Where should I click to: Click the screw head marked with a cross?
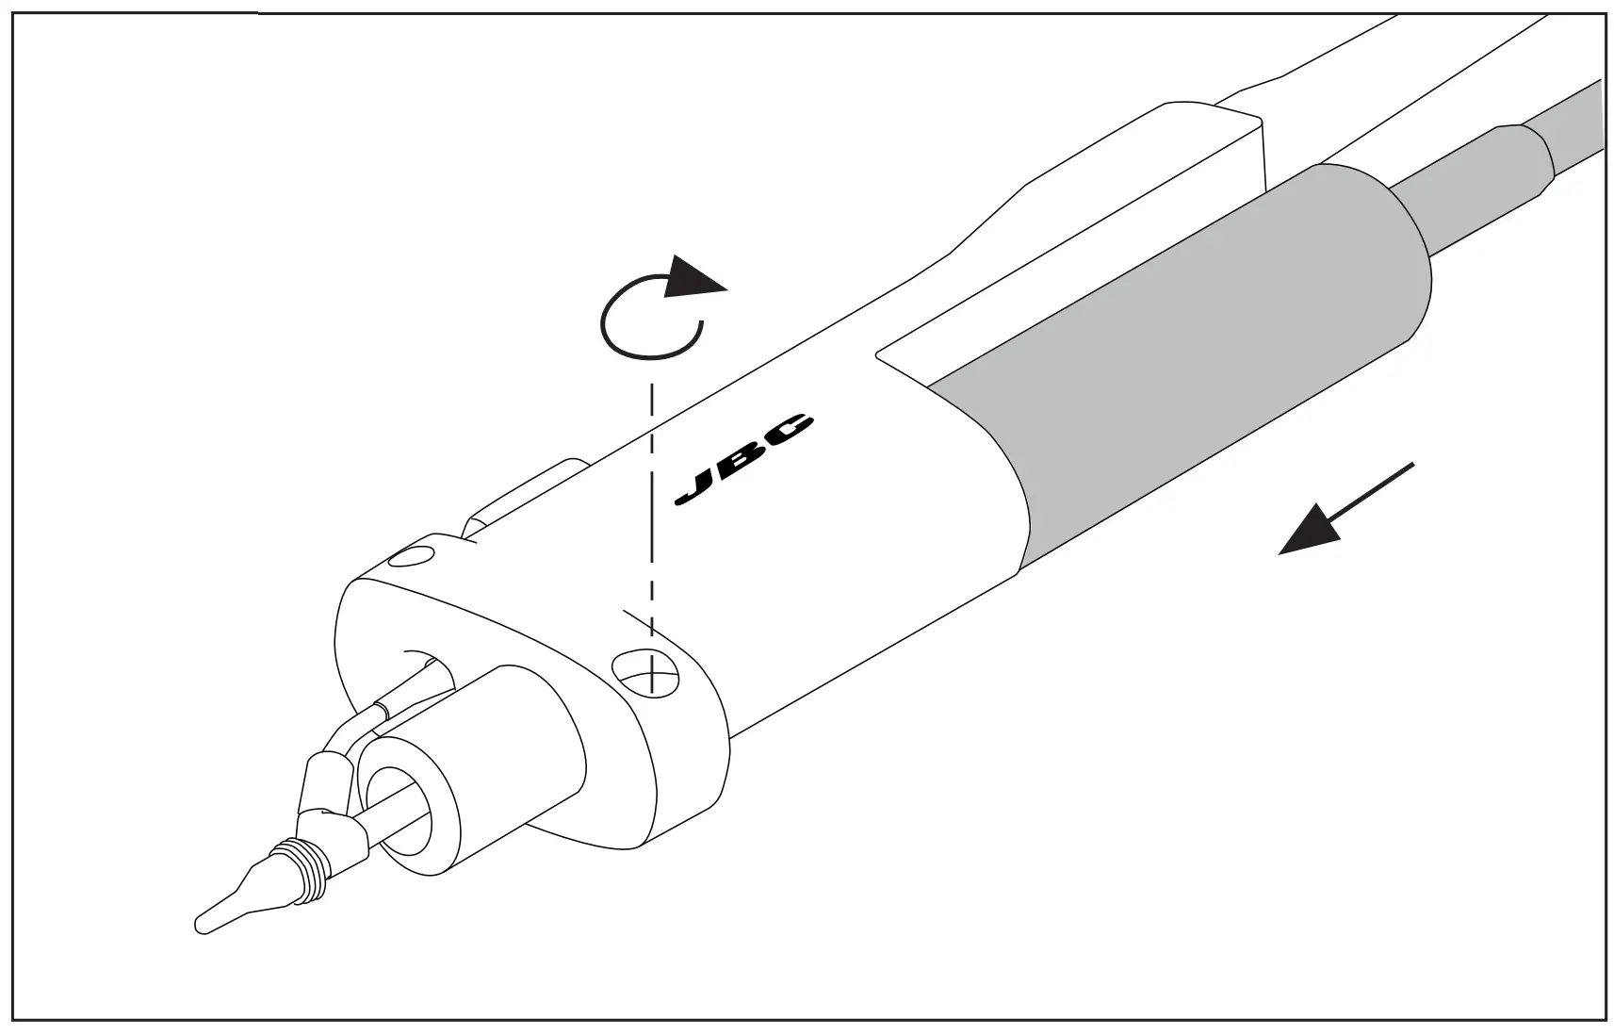(x=645, y=671)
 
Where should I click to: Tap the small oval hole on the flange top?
(x=412, y=556)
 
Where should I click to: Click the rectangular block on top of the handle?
(x=1168, y=160)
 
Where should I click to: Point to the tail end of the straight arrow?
(x=1409, y=467)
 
